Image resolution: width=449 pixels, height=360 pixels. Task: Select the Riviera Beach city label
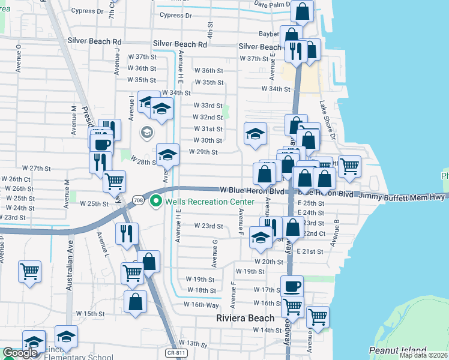point(245,318)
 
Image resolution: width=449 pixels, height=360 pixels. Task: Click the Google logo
point(20,353)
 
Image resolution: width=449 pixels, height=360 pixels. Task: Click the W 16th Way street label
point(202,305)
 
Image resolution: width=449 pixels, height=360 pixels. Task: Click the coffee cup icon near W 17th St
point(292,286)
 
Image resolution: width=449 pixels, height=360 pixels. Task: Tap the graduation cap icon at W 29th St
point(168,154)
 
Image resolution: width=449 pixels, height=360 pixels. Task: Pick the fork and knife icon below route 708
point(127,233)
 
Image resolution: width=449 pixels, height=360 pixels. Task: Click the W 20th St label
point(268,262)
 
